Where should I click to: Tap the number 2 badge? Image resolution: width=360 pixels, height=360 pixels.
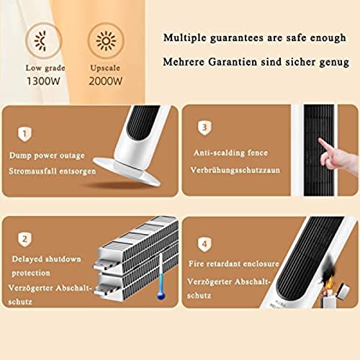(x=24, y=238)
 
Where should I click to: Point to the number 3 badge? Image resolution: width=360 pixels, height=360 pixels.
(x=204, y=128)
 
